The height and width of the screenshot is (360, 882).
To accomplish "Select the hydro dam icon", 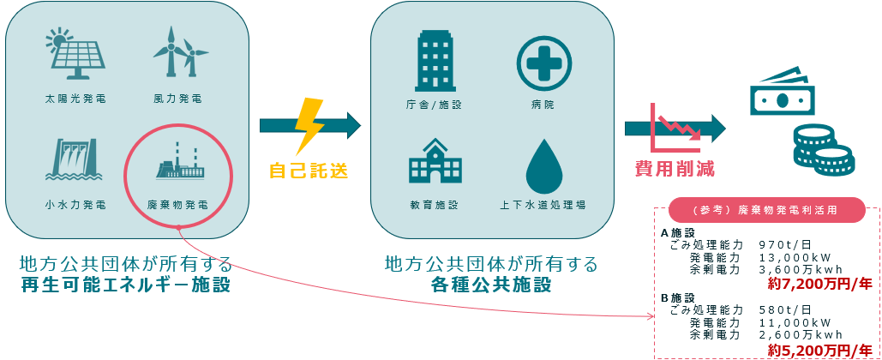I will click(75, 158).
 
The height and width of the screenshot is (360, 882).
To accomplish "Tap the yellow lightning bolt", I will click(309, 126).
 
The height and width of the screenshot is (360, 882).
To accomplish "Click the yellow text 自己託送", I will click(309, 171).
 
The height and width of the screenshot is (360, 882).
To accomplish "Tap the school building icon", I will click(435, 162).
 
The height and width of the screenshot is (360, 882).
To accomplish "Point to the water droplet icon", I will click(543, 165).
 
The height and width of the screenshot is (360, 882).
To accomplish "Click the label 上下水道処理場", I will click(543, 206).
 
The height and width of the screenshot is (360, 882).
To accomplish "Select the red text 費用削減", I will click(675, 168).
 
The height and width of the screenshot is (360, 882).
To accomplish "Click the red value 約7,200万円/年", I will click(820, 284).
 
